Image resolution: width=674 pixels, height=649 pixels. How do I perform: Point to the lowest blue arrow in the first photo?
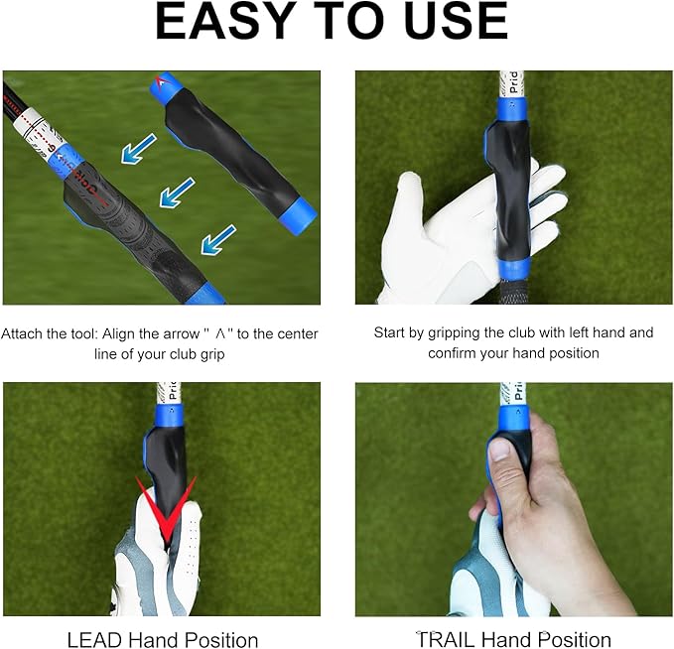click(x=218, y=238)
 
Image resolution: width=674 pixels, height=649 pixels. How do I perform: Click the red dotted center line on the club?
click(x=40, y=128)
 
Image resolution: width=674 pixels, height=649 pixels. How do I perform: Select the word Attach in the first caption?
click(x=21, y=333)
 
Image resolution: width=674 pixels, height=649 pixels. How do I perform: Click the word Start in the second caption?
click(x=391, y=332)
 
